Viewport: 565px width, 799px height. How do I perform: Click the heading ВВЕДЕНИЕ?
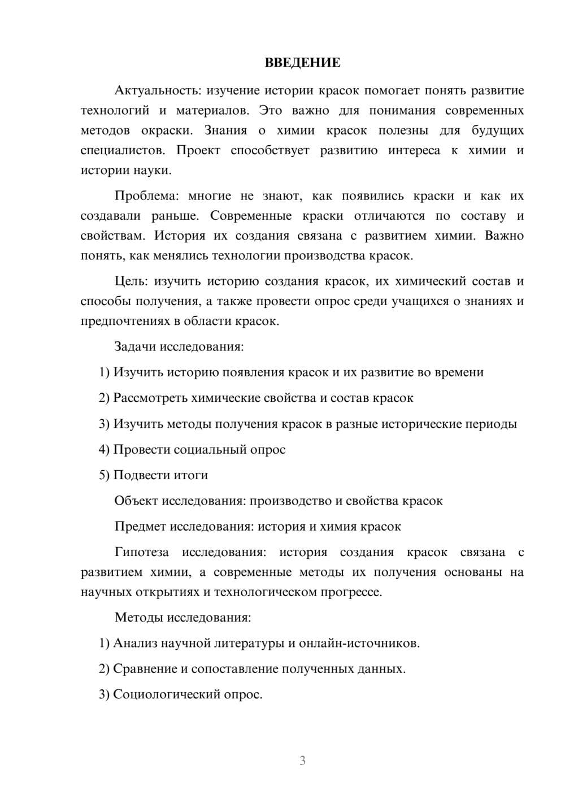(x=302, y=63)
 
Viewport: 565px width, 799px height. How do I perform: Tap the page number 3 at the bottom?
(x=302, y=761)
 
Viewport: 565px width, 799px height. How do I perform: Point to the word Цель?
(x=131, y=281)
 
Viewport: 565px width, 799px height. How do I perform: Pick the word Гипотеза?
(x=141, y=553)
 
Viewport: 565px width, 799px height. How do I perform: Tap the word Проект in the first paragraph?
(x=198, y=151)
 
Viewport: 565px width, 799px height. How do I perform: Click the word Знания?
(x=225, y=131)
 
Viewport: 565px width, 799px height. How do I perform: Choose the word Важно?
(x=504, y=236)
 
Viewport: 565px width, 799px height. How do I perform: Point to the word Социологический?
(x=166, y=694)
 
